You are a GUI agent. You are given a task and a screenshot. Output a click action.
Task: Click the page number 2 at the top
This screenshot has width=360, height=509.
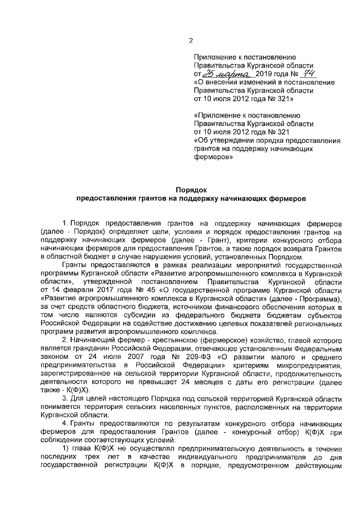191,40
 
